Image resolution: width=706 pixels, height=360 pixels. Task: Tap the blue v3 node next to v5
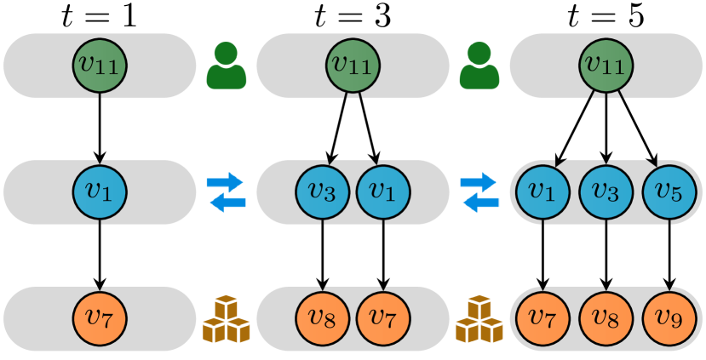[x=606, y=192]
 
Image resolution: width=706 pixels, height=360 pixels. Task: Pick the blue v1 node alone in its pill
[x=100, y=192]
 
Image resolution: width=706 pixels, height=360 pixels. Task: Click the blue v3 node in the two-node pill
[x=323, y=192]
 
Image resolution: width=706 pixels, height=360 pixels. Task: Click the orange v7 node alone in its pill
[x=100, y=318]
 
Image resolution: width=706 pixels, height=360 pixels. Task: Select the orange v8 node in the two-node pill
[x=323, y=318]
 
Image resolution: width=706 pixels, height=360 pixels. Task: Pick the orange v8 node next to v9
[x=606, y=318]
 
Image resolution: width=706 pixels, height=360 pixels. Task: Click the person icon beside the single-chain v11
[x=226, y=66]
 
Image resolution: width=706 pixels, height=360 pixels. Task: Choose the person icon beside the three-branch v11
[x=479, y=66]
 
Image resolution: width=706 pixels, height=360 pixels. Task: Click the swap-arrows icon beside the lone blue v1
[x=226, y=191]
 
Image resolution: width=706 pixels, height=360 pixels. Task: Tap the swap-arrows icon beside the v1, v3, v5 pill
[x=479, y=191]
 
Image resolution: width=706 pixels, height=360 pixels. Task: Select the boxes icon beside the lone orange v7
[x=226, y=318]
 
